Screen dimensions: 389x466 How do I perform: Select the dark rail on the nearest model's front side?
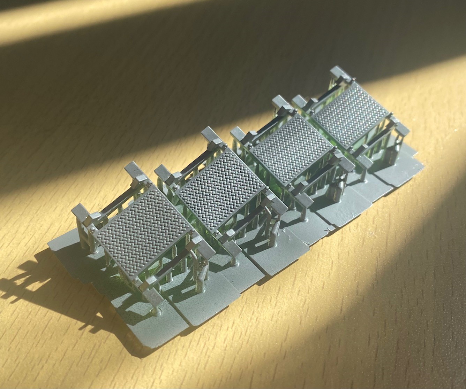(x=174, y=268)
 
